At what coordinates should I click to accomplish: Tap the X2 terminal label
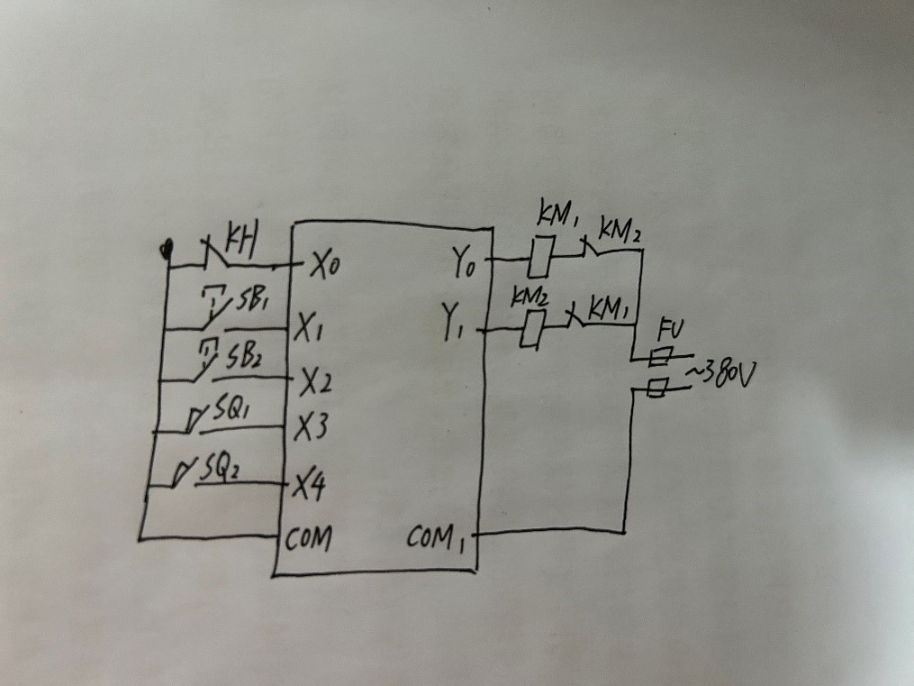tap(316, 384)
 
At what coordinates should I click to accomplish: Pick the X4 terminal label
tap(309, 488)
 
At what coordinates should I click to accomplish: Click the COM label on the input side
tap(308, 539)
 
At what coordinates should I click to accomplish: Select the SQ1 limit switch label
tap(231, 412)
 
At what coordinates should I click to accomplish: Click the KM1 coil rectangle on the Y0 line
tap(539, 257)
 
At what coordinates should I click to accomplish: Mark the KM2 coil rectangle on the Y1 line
tap(533, 328)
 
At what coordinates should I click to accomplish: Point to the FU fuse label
tap(667, 327)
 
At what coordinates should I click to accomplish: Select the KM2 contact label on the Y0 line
tap(621, 232)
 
